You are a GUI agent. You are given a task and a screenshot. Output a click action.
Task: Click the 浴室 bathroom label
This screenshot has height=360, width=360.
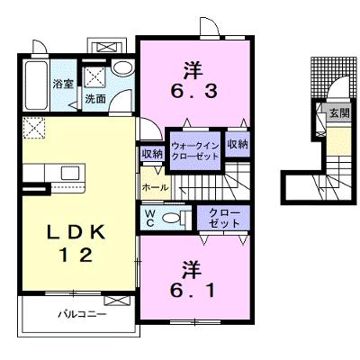tap(63, 84)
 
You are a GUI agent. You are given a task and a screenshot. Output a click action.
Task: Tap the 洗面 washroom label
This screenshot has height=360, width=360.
tap(95, 99)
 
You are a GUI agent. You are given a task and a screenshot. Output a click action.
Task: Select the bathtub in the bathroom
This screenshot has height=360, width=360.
tap(36, 85)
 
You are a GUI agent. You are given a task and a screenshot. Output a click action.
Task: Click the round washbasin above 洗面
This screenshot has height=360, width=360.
tap(121, 67)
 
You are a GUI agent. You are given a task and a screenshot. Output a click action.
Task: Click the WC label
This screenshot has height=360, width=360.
tap(150, 219)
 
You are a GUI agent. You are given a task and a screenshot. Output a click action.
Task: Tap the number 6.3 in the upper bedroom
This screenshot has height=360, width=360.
tap(194, 91)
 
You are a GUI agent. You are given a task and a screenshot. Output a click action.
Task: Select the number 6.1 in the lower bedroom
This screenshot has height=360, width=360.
tap(193, 290)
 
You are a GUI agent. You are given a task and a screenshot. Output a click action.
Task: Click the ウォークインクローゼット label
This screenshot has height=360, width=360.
tap(195, 151)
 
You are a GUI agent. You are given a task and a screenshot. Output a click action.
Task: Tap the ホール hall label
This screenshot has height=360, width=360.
tap(155, 188)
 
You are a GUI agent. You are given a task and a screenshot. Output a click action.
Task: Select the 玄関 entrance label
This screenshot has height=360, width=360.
tap(339, 113)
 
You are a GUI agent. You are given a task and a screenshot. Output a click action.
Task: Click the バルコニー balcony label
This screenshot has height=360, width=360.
tap(82, 315)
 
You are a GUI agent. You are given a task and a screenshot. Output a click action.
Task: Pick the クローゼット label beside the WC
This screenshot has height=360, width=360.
tap(224, 218)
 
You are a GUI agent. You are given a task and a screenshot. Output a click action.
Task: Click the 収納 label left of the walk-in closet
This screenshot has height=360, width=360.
tap(152, 154)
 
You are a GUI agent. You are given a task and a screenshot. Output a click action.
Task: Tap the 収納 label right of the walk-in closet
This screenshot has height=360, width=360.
tap(238, 145)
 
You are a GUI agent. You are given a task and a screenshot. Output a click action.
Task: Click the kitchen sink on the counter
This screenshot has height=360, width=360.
tap(70, 173)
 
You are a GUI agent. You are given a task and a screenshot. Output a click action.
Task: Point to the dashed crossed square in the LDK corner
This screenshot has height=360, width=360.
tap(34, 128)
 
